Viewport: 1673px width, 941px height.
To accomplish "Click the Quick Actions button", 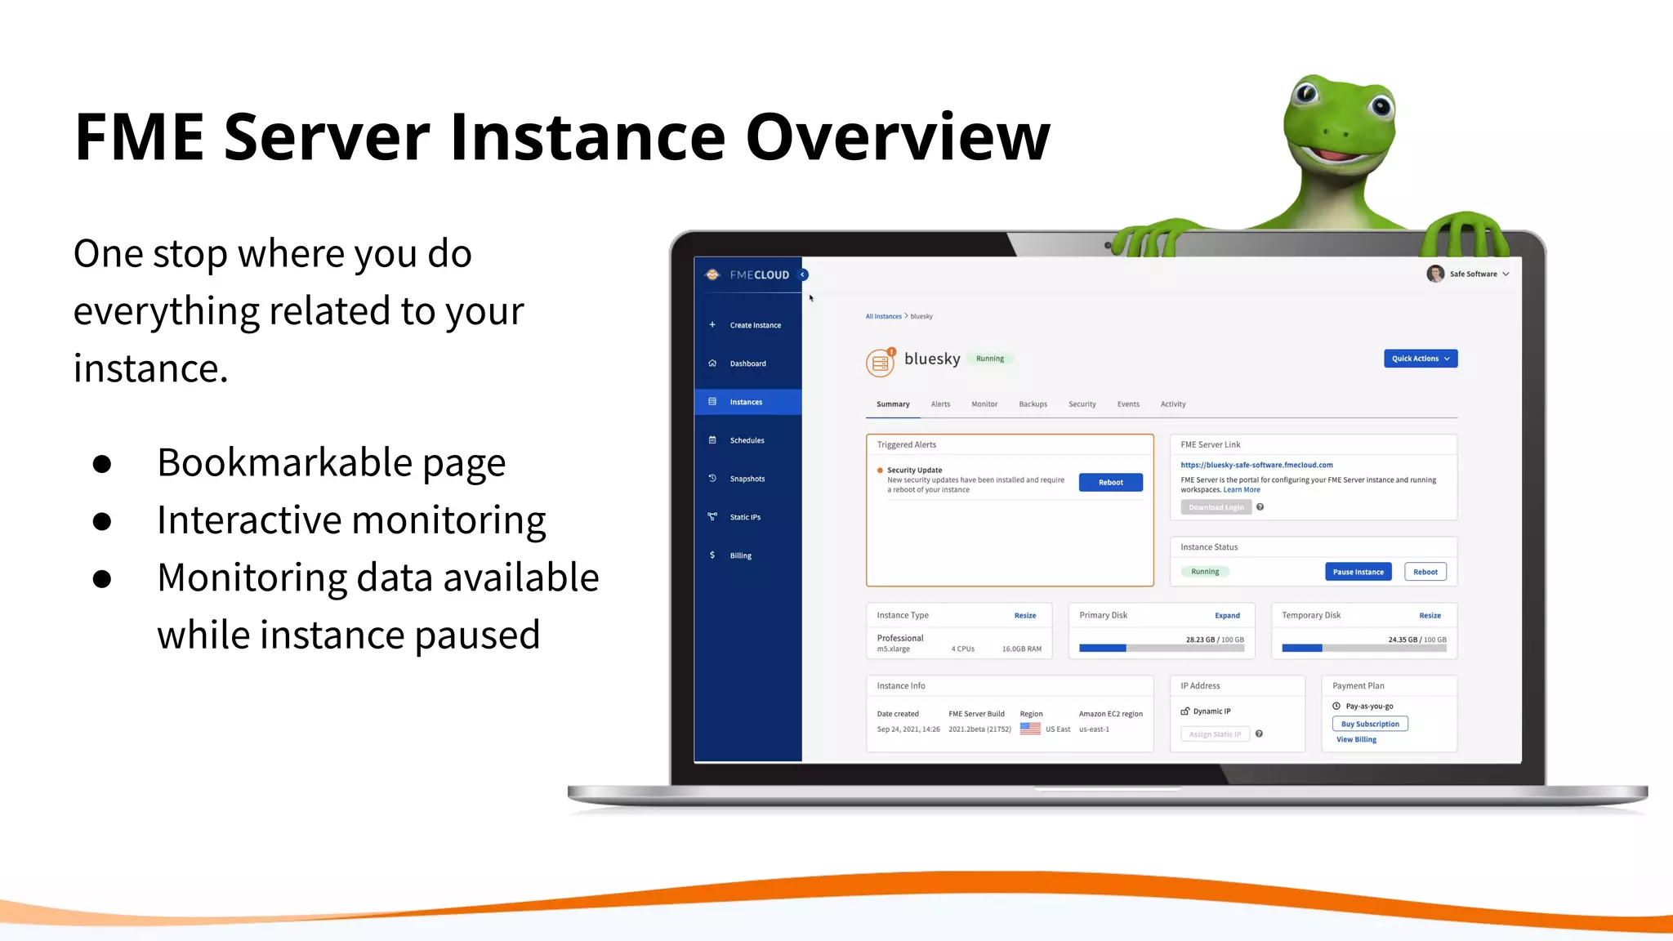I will click(x=1420, y=359).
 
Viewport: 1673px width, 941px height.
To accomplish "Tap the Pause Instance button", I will click(x=1358, y=572).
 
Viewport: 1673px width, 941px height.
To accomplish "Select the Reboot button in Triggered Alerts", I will click(x=1110, y=483).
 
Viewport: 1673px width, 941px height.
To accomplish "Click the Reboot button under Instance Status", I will click(x=1425, y=572).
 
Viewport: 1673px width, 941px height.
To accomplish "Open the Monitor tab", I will click(x=984, y=404).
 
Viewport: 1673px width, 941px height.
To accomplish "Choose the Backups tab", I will click(x=1033, y=404).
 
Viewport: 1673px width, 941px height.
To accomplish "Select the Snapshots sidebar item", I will click(x=747, y=479).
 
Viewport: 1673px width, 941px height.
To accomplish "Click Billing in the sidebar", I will click(x=740, y=555).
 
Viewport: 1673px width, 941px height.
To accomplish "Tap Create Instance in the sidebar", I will click(x=755, y=325).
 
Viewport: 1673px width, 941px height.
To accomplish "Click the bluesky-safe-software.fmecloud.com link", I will click(x=1256, y=465).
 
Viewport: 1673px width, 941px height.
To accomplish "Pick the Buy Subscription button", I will click(x=1369, y=724).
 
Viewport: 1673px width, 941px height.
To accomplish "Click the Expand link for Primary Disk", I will click(x=1227, y=616).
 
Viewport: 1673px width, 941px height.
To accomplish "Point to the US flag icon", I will click(x=1030, y=729).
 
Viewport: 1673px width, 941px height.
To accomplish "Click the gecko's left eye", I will click(x=1306, y=92).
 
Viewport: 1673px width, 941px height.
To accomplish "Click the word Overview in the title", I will click(x=897, y=136).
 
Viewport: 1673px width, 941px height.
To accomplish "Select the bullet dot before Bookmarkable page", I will click(x=102, y=464).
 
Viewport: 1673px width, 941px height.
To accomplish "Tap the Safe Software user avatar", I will click(x=1434, y=274).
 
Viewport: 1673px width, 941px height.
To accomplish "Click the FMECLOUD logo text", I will click(x=759, y=275).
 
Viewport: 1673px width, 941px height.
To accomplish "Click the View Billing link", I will click(x=1356, y=740).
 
